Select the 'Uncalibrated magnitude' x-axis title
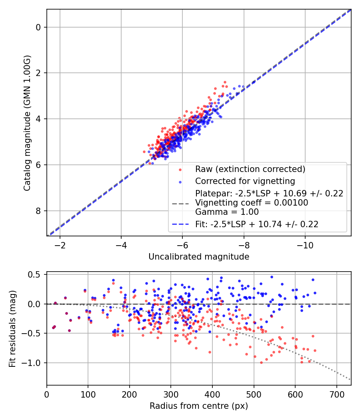[x=199, y=257]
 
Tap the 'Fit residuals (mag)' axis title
[x=12, y=328]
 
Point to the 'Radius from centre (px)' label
[x=199, y=406]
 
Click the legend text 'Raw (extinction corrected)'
[x=250, y=169]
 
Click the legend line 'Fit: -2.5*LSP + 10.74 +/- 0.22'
[x=257, y=224]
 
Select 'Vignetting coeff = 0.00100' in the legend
[x=252, y=203]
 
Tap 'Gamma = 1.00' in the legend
[x=227, y=212]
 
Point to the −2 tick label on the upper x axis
[x=60, y=244]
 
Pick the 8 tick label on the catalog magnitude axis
[x=39, y=211]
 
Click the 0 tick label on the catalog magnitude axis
[x=39, y=27]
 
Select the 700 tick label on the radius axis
[x=336, y=394]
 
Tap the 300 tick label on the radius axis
[x=171, y=394]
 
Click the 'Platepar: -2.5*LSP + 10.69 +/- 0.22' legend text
[x=269, y=194]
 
